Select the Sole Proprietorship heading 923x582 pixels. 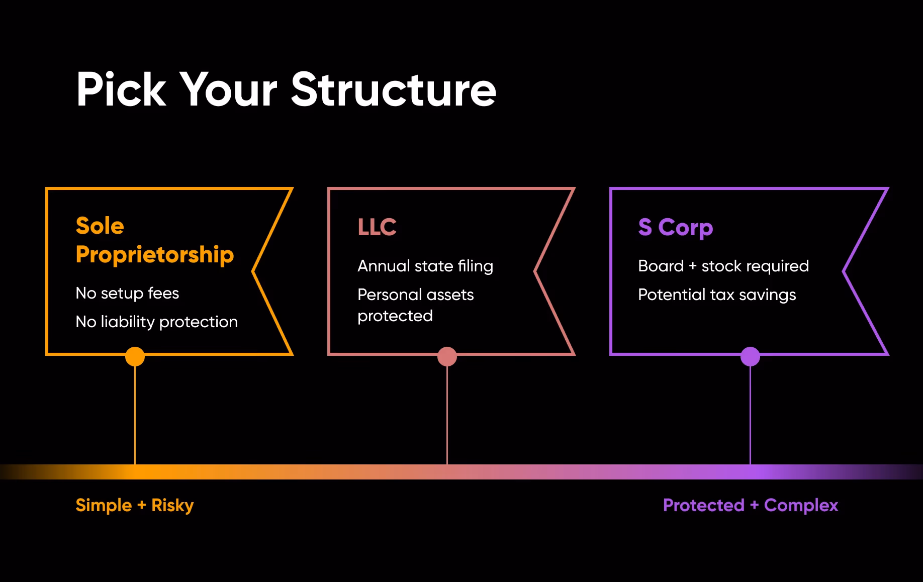point(155,240)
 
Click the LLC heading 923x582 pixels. point(377,227)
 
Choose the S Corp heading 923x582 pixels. point(676,228)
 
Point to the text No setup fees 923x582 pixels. point(127,293)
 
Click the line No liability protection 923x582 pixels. point(157,322)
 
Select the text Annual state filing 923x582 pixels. point(425,266)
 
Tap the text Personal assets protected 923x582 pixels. point(416,305)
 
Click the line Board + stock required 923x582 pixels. point(723,266)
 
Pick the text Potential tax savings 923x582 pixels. point(717,295)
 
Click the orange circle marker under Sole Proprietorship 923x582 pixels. point(135,356)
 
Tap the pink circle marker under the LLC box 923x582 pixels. point(447,356)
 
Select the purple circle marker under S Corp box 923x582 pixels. point(750,356)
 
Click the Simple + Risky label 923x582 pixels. point(135,505)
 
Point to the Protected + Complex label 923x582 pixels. point(751,505)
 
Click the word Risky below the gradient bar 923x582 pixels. point(172,505)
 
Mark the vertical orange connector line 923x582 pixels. point(135,415)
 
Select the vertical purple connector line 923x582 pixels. point(750,415)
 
